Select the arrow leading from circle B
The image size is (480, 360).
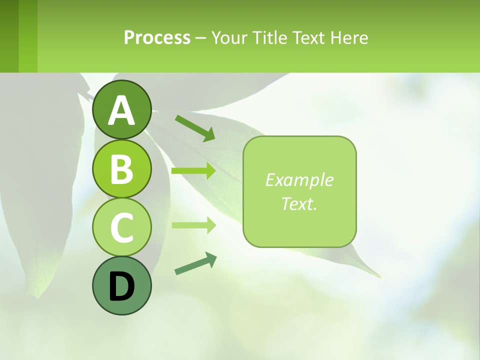(193, 171)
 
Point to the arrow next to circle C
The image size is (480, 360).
(193, 225)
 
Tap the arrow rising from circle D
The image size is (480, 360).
(195, 263)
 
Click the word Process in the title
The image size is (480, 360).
(157, 38)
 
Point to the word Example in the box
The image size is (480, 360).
(299, 180)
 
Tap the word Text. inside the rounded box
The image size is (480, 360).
(299, 203)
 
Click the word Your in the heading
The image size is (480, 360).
(229, 38)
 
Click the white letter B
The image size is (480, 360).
(121, 169)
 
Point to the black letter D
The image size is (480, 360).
(121, 286)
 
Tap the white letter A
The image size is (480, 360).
(121, 110)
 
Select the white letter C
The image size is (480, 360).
(121, 227)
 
